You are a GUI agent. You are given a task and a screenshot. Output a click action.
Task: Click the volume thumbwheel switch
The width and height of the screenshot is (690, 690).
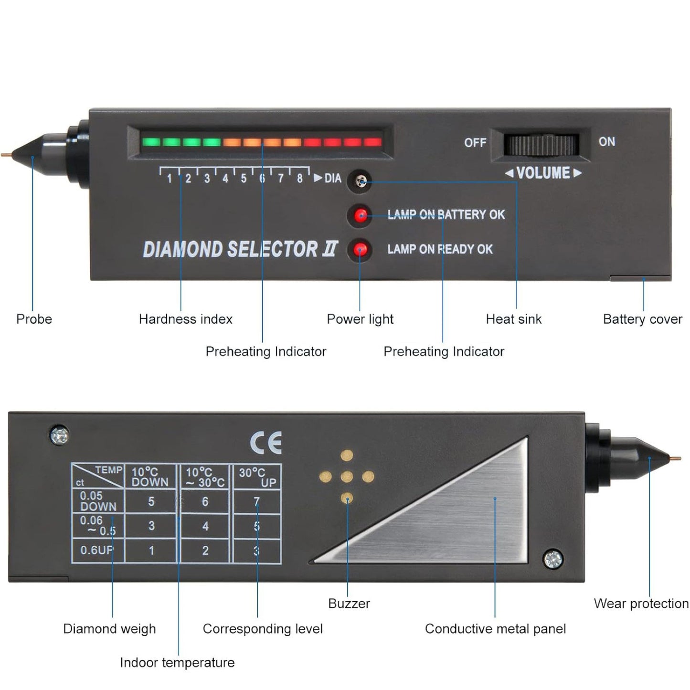(541, 145)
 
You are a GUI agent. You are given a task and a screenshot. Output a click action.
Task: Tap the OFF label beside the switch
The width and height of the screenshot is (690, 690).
(475, 142)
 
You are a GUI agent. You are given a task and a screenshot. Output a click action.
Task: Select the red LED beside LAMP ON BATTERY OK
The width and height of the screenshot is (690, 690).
(361, 215)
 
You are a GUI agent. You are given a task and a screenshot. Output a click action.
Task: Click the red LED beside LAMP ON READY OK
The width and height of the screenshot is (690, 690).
(360, 249)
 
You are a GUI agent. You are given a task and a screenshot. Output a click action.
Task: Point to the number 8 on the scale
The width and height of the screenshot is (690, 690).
(299, 179)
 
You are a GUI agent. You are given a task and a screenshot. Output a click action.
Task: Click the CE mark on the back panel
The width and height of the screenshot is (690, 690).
(266, 443)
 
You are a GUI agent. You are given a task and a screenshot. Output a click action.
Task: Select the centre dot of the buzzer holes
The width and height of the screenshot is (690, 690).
(347, 477)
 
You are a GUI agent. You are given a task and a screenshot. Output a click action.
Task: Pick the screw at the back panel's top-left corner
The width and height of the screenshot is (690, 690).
(59, 435)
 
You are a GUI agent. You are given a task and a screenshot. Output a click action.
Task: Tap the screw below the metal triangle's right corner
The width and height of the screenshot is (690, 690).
(553, 559)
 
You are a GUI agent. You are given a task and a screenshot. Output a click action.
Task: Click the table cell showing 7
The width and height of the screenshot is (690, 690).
(256, 501)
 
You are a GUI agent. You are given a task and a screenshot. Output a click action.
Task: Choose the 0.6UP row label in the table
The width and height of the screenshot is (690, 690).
(97, 550)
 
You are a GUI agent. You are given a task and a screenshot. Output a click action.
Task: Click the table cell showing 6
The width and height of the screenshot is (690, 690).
(205, 501)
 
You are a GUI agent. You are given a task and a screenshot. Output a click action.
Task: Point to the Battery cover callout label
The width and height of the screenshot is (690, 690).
(642, 319)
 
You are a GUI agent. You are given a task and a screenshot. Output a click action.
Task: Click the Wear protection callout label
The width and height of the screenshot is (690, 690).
(641, 604)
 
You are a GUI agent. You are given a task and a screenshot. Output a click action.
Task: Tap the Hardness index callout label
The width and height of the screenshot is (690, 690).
(185, 319)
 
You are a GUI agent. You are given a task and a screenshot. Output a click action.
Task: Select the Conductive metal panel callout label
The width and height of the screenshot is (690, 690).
(495, 629)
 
